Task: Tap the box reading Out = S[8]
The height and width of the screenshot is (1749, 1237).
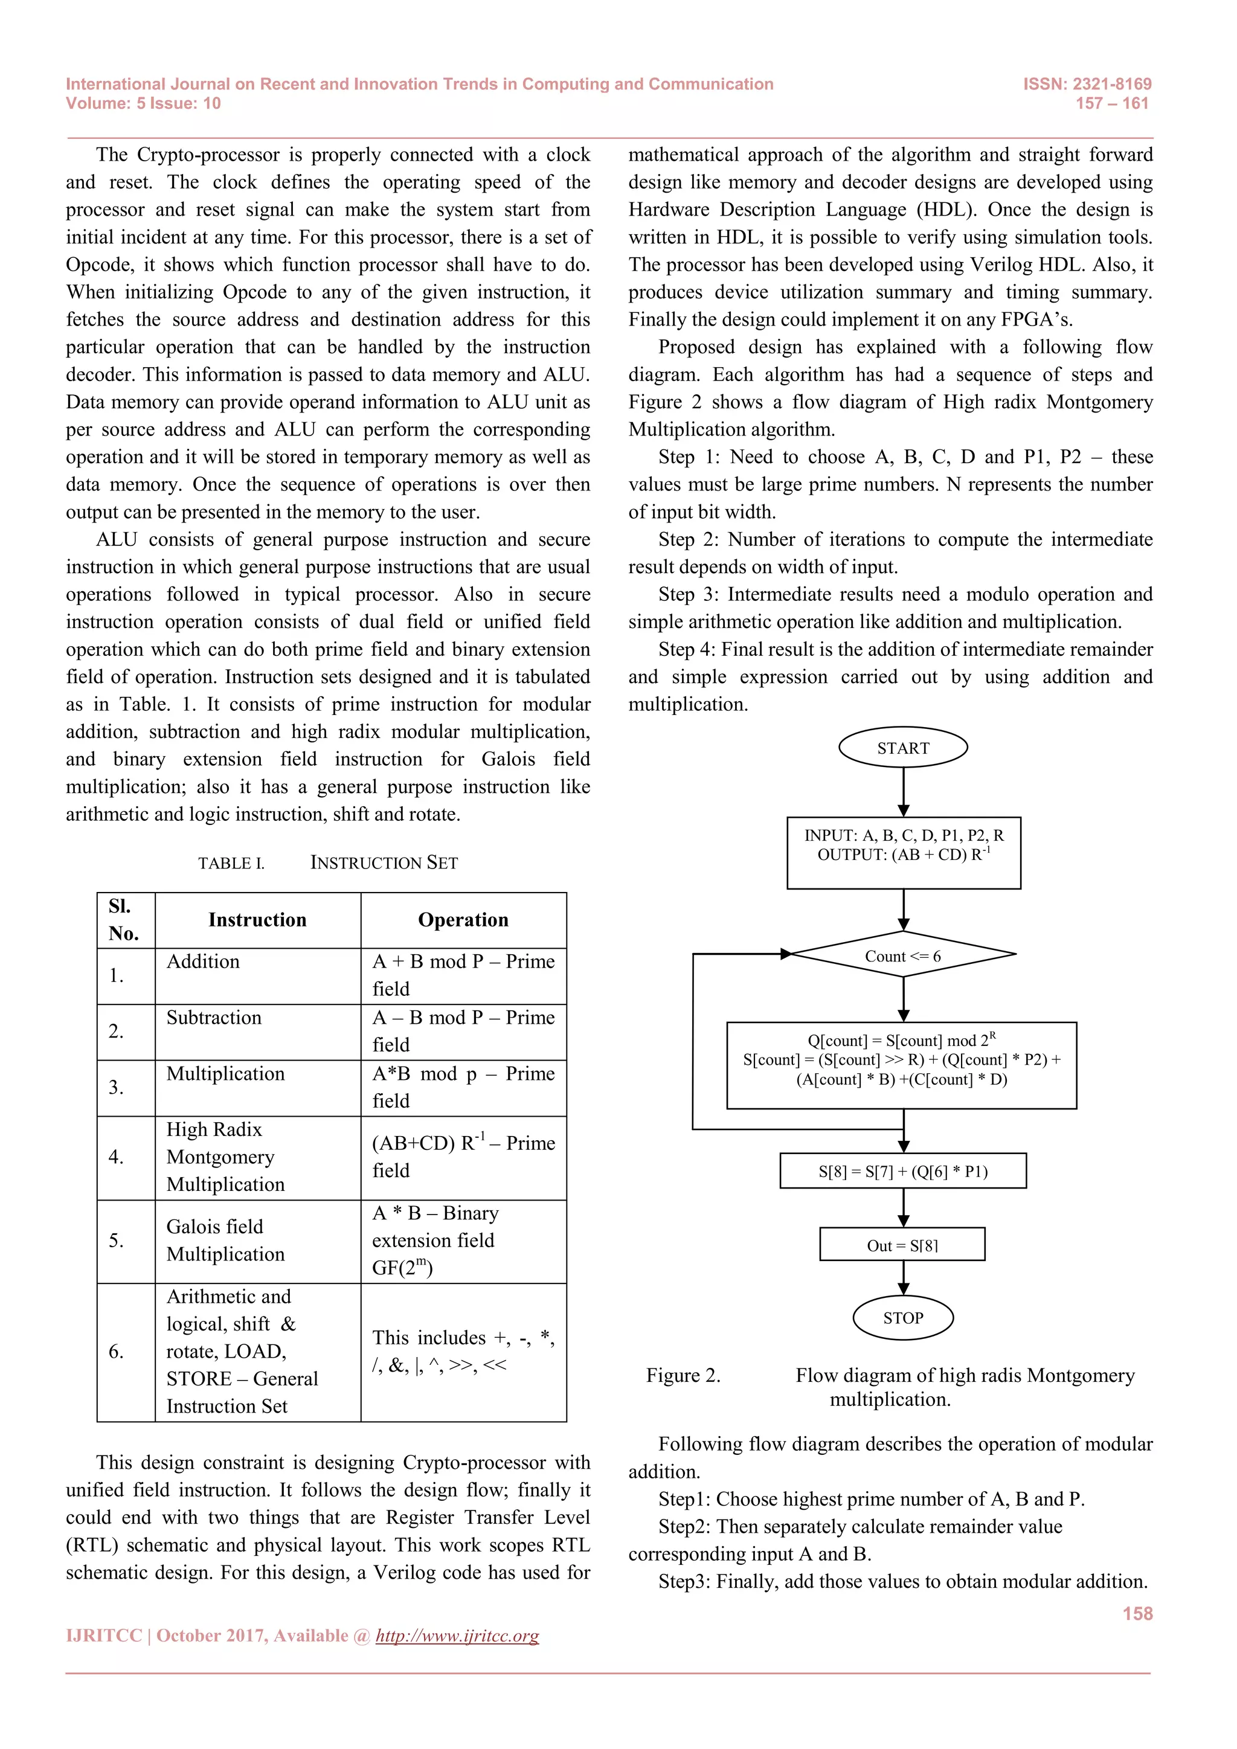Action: point(902,1245)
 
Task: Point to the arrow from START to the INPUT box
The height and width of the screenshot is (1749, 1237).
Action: point(904,792)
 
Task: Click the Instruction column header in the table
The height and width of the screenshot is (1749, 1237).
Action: point(257,920)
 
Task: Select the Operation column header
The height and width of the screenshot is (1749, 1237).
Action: point(463,920)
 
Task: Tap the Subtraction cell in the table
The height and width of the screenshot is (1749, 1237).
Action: point(214,1018)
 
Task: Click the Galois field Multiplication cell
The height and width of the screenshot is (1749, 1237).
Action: point(225,1240)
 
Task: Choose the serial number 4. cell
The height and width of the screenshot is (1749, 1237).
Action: point(116,1157)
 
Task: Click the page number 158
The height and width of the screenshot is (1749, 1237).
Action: point(1137,1613)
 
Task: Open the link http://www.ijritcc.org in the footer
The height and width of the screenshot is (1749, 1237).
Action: point(457,1635)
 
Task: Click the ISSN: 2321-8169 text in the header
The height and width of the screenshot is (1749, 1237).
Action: point(1087,84)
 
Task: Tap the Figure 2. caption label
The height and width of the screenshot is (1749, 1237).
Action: point(683,1376)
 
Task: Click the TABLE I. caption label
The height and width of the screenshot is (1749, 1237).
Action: point(231,863)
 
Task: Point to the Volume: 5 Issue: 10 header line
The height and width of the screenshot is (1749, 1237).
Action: point(143,104)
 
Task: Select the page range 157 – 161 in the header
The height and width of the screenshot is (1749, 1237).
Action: point(1111,104)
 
